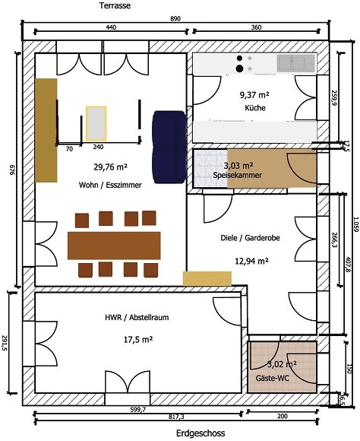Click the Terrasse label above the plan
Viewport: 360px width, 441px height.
pos(115,5)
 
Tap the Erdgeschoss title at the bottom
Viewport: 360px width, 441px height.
pos(201,433)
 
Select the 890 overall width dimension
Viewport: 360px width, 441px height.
pos(175,18)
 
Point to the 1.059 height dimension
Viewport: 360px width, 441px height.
pos(356,224)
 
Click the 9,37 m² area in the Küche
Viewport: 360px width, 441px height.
pos(254,95)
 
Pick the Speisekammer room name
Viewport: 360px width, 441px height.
pos(237,175)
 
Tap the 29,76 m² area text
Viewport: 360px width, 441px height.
pos(110,167)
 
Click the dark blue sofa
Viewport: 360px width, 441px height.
pos(169,147)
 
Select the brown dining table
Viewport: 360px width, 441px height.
pos(114,246)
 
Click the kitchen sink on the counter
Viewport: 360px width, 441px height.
pos(295,63)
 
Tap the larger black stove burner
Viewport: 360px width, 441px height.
pos(239,68)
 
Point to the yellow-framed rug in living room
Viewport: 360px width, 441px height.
pos(96,123)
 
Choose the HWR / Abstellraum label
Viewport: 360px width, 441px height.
pos(137,318)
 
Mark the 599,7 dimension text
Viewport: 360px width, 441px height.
pos(138,410)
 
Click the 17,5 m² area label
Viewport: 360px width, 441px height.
pos(138,340)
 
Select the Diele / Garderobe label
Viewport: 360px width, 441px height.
pos(250,238)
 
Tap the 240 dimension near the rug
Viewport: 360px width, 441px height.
pos(98,147)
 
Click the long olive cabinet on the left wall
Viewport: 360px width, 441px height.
pos(46,130)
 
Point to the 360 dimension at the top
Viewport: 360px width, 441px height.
pos(256,27)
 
